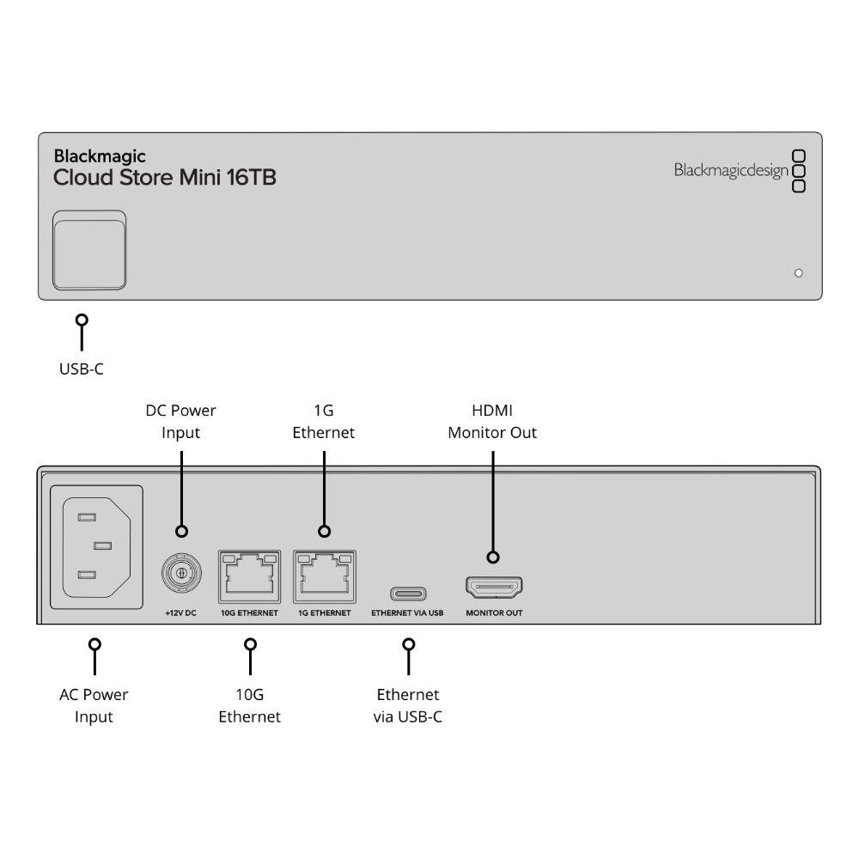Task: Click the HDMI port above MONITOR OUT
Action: [494, 588]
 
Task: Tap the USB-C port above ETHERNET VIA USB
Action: [408, 594]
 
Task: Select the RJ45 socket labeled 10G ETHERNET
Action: [249, 576]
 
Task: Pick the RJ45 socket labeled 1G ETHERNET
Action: [325, 576]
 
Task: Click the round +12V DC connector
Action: [181, 574]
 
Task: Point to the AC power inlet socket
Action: [96, 546]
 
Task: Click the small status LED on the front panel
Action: [798, 273]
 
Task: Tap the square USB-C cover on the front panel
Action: [89, 250]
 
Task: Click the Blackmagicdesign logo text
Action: [731, 170]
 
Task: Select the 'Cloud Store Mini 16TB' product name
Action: [164, 178]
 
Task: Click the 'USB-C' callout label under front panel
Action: [81, 369]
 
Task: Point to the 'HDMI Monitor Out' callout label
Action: [492, 421]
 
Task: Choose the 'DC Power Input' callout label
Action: [180, 421]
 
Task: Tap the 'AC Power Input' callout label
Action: [94, 705]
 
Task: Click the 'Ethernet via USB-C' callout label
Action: [407, 705]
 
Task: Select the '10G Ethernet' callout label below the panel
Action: [249, 705]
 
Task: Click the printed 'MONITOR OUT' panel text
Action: [494, 613]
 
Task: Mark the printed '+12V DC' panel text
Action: [180, 613]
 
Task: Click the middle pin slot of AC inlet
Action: [102, 545]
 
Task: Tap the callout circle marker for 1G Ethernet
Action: [325, 531]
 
